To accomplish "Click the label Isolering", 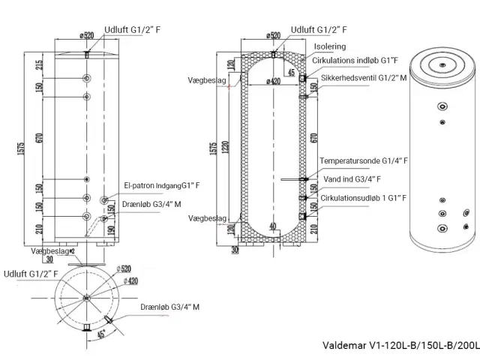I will click(331, 46).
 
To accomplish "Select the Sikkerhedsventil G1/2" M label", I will click(363, 77).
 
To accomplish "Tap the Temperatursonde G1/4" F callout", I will click(363, 160).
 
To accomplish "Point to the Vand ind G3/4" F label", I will click(349, 179).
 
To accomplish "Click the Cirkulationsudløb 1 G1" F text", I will click(363, 198).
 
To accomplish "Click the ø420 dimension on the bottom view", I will click(132, 281).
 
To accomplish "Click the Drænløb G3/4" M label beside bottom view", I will click(169, 307).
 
